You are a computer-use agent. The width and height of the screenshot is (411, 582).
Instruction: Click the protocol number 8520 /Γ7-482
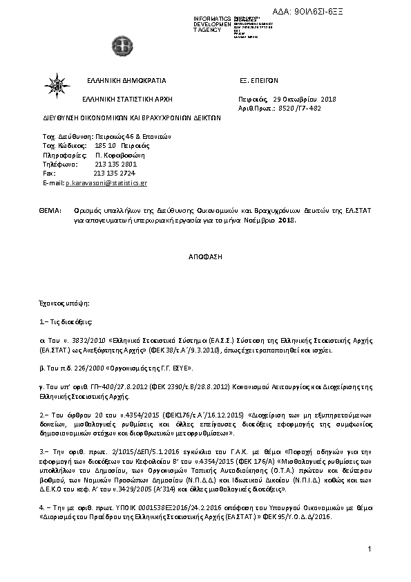point(299,109)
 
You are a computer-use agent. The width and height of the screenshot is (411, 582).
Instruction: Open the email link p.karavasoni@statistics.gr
point(106,183)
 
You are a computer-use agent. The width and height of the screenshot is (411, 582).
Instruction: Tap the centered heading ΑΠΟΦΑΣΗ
point(205,256)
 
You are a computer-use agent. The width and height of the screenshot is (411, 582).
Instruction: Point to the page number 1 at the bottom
point(370,549)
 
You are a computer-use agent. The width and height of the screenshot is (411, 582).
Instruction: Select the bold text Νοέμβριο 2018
point(269,220)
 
